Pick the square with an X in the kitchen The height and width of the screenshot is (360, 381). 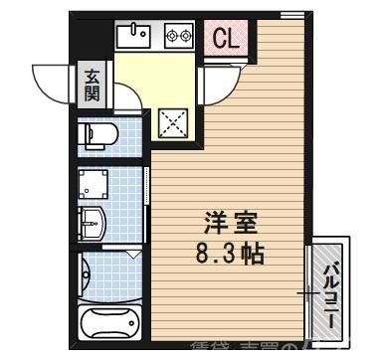click(x=175, y=124)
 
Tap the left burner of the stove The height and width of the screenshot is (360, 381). click(x=172, y=36)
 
